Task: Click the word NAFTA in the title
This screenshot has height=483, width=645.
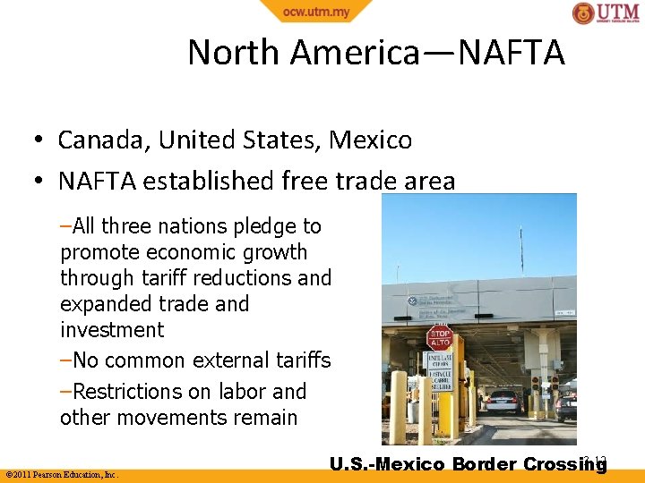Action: tap(512, 53)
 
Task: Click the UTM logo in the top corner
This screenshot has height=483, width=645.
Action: tap(606, 13)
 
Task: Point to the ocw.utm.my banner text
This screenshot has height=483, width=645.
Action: tap(316, 11)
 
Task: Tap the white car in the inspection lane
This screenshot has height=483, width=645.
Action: tap(503, 402)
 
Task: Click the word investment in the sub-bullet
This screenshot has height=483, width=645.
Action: tap(112, 330)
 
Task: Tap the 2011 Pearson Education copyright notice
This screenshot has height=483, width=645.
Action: tap(62, 474)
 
